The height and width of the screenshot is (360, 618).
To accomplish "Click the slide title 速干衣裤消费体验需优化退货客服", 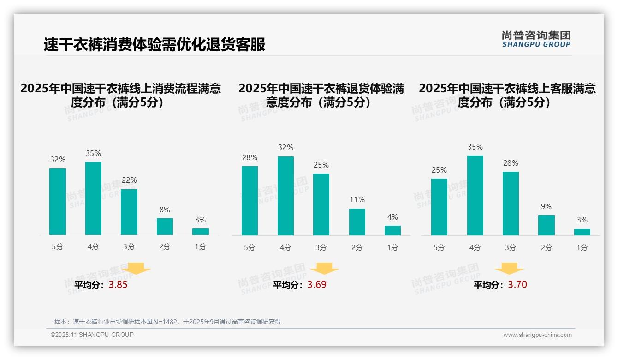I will (x=154, y=45).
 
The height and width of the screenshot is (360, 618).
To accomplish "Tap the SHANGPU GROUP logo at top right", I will (x=536, y=39).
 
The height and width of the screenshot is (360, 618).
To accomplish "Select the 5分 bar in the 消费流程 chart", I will (x=58, y=202).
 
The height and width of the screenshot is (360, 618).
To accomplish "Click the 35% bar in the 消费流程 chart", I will (x=93, y=198).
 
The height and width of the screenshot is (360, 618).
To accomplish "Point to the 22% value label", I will (x=129, y=180).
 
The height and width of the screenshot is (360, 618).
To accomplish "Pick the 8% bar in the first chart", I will (x=165, y=227).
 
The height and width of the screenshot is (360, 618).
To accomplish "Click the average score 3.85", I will (x=118, y=285).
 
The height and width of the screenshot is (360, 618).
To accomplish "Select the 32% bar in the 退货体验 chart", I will (x=285, y=196).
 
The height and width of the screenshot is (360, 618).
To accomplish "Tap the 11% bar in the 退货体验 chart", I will (x=357, y=222).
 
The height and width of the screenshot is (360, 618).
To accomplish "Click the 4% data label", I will (x=392, y=217).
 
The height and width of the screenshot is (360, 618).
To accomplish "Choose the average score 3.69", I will (x=317, y=285).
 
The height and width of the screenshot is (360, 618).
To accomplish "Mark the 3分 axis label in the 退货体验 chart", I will (x=321, y=248).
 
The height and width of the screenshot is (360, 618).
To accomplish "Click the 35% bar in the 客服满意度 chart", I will (x=475, y=196).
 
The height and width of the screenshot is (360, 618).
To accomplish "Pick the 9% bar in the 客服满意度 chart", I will (x=547, y=225).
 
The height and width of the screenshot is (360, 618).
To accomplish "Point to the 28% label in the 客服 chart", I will (x=511, y=163).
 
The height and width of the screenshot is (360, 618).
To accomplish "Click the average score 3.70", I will (x=517, y=285).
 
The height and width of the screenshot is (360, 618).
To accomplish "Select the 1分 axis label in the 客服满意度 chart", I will (x=582, y=248).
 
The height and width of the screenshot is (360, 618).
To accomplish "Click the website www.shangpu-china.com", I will (x=537, y=335).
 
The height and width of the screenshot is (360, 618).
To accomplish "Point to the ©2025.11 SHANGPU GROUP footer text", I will (x=92, y=335).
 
